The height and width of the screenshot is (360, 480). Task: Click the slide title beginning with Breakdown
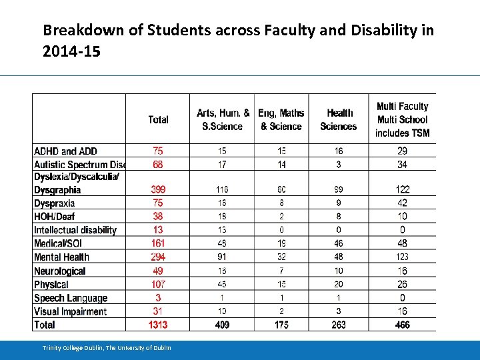(x=238, y=40)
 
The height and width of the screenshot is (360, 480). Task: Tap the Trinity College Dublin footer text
(x=107, y=347)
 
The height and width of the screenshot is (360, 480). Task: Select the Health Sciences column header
(x=339, y=120)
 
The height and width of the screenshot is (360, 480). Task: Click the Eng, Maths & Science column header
(x=281, y=120)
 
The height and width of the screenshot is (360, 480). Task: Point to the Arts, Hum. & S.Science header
(x=223, y=120)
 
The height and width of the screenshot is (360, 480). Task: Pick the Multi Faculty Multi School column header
(x=402, y=120)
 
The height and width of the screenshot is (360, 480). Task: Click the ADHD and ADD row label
(x=65, y=151)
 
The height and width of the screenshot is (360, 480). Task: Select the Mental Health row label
(x=61, y=257)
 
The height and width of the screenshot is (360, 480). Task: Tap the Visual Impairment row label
(x=70, y=311)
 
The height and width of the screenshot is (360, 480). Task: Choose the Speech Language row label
(x=70, y=298)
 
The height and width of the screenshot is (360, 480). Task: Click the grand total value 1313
(x=158, y=325)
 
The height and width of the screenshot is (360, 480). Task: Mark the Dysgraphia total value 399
(x=158, y=190)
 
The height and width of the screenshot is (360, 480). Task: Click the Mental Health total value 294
(x=158, y=257)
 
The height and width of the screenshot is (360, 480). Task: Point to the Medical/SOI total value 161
(x=158, y=243)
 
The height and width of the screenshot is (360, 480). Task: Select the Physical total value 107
(x=158, y=285)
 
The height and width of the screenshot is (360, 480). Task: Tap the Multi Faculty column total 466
(x=402, y=325)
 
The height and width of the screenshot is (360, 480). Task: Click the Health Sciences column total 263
(x=339, y=325)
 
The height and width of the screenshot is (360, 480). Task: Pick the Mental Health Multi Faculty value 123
(x=402, y=257)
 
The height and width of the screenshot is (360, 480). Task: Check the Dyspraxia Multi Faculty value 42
(x=402, y=203)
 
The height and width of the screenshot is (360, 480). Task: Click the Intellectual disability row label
(x=75, y=230)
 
